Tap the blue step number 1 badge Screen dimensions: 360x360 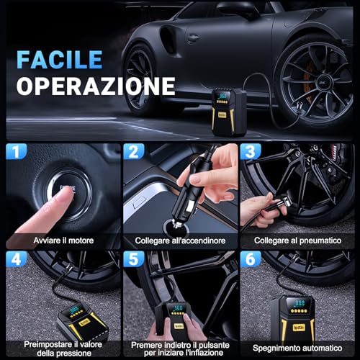(16, 153)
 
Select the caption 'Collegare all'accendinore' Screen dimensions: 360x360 (179, 240)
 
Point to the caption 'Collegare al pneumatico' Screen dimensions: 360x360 (298, 240)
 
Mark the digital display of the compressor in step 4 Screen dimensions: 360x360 (76, 312)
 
